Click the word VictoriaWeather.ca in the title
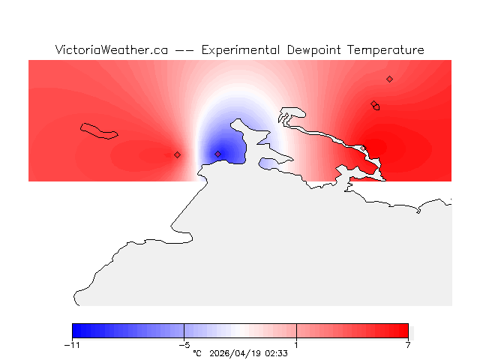[111, 50]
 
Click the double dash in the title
[184, 50]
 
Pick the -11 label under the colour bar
[72, 345]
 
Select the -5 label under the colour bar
[184, 345]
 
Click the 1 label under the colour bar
[296, 345]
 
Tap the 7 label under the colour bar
[408, 345]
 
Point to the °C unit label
[197, 352]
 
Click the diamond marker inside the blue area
[217, 154]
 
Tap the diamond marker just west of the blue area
[177, 154]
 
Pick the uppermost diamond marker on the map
[389, 79]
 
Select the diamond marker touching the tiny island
[374, 104]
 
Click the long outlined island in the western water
[99, 130]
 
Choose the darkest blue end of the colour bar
[75, 331]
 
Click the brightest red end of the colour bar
[405, 331]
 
